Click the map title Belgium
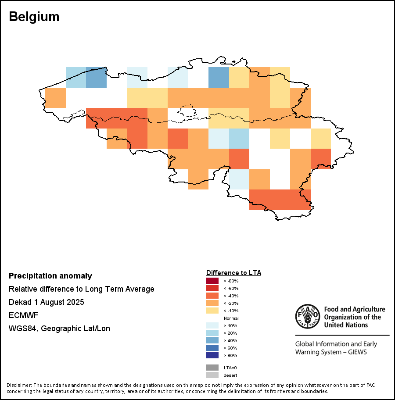[34, 17]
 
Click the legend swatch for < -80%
[212, 281]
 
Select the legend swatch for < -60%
[212, 288]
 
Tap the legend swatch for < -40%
[212, 296]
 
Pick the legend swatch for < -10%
[212, 311]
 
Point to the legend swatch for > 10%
[212, 325]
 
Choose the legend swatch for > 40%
[212, 340]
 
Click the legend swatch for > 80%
[212, 355]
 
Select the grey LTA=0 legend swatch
[212, 368]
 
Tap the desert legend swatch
[212, 375]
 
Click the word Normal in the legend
[231, 318]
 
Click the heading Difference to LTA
[233, 273]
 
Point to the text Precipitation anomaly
[50, 276]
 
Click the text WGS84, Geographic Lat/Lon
[59, 329]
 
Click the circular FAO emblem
[307, 316]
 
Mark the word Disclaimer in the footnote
[19, 385]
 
